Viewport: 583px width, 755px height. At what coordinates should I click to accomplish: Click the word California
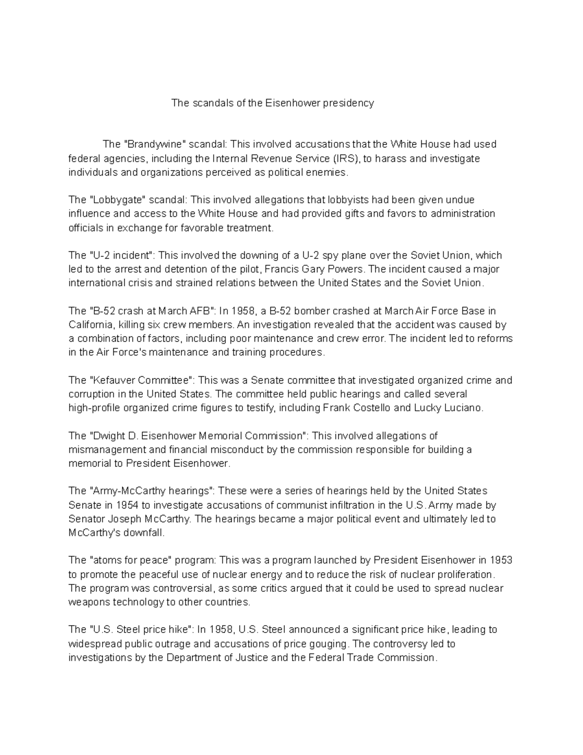[x=91, y=325]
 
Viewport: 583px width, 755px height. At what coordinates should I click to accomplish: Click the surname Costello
[x=371, y=408]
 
